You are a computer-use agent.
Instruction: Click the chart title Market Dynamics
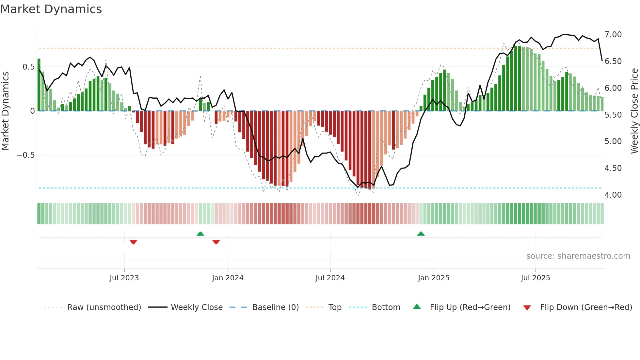(51, 9)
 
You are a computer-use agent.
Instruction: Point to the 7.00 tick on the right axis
(613, 35)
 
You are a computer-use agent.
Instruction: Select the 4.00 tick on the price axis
(613, 195)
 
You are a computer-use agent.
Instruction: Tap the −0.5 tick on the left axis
(26, 155)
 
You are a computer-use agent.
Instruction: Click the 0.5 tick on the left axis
(28, 67)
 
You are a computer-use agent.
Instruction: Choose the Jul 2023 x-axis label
(124, 278)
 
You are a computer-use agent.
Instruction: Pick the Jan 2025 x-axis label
(433, 278)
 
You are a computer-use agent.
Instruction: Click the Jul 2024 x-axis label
(330, 278)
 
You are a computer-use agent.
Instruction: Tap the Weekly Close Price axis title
(634, 111)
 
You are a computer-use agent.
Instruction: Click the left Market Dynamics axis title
(5, 111)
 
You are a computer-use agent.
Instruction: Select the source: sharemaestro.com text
(578, 256)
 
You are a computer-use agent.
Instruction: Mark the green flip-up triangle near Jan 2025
(421, 234)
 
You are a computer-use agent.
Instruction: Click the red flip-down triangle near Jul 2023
(133, 242)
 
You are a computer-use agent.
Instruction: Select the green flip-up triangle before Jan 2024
(200, 234)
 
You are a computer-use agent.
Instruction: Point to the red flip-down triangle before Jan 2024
(216, 242)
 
